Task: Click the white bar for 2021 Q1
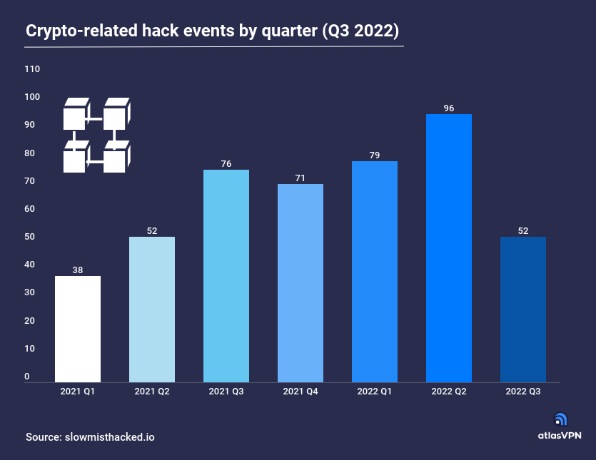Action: click(78, 329)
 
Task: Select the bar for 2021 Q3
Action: click(226, 276)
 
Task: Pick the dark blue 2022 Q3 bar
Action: click(523, 309)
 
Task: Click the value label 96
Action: click(449, 108)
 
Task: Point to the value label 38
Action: click(78, 270)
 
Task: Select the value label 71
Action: click(300, 178)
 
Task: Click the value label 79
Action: click(375, 155)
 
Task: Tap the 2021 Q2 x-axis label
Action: click(152, 392)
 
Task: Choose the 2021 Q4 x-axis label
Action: click(300, 392)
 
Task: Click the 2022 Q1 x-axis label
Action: click(375, 392)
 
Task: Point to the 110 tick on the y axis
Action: click(32, 69)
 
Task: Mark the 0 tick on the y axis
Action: click(27, 377)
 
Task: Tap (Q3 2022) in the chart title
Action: click(361, 31)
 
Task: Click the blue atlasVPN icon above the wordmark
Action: click(561, 420)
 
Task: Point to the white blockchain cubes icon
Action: click(97, 136)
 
